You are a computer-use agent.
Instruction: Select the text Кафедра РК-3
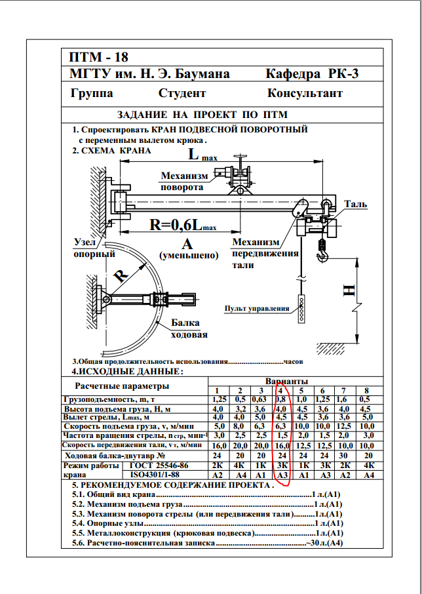point(313,74)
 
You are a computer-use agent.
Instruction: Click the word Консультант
point(305,93)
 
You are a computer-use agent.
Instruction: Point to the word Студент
point(182,93)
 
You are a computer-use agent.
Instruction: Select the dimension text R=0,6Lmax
point(183,226)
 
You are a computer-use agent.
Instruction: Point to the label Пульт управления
point(257,308)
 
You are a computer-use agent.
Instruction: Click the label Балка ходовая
point(189,329)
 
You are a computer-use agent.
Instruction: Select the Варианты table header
point(286,381)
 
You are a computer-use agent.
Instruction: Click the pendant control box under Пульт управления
point(301,309)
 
